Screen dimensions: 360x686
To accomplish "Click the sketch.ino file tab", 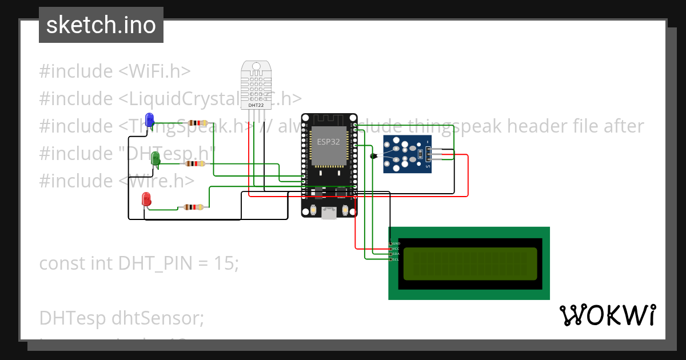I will pos(101,25).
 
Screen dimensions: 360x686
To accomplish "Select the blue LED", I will pos(150,119).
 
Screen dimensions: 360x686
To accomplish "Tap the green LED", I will pos(155,159).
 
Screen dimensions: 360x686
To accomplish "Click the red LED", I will pos(146,199).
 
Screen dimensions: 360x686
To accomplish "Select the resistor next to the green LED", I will pos(194,163).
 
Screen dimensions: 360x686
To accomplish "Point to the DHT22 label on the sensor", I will pos(256,105).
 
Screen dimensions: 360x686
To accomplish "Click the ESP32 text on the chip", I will pos(328,141).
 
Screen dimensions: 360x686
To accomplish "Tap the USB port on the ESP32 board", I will pos(329,213).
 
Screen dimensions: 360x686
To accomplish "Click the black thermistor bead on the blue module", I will pos(374,155).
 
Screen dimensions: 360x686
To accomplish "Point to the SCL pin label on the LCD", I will pos(396,259).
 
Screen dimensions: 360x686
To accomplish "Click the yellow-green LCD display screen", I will pos(470,263).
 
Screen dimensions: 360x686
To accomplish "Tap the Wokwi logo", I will pos(607,315).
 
